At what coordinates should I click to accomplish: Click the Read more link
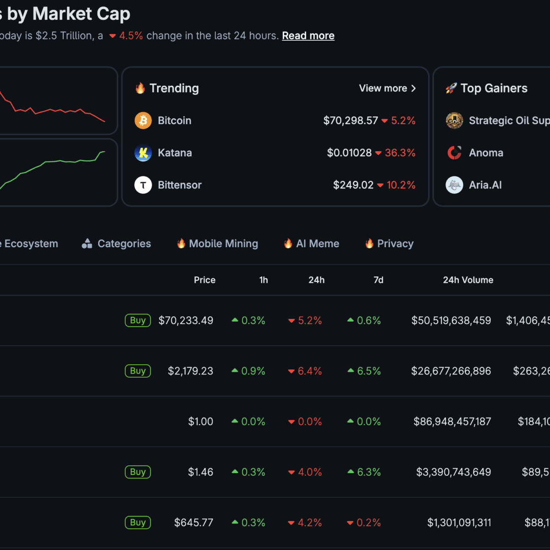(x=308, y=36)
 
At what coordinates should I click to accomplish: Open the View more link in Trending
(x=387, y=88)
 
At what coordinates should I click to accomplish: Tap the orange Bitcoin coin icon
(x=143, y=121)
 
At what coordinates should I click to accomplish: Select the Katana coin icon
(x=143, y=153)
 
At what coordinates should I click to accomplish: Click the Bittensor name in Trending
(x=180, y=185)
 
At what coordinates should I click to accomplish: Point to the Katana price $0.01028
(x=349, y=153)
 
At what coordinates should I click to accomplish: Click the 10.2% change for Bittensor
(x=401, y=185)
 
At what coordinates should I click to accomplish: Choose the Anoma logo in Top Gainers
(x=454, y=153)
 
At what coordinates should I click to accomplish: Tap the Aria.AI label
(x=485, y=185)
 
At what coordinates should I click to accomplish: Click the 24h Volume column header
(x=468, y=280)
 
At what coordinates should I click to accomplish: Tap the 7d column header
(x=378, y=280)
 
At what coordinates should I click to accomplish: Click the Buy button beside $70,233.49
(x=138, y=320)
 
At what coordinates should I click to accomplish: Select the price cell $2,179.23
(x=190, y=371)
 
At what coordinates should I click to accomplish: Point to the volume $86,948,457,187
(x=452, y=422)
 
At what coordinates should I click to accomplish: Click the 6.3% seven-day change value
(x=368, y=472)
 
